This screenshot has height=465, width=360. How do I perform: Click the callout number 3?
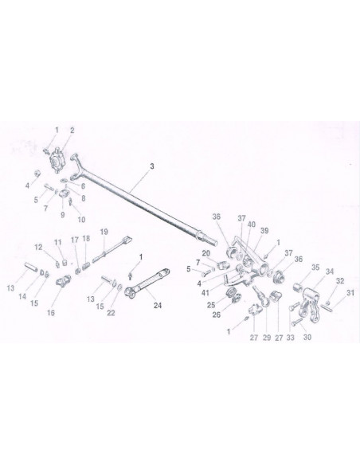point(152,166)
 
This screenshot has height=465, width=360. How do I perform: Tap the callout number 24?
point(158,305)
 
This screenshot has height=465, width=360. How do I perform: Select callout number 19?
point(104,232)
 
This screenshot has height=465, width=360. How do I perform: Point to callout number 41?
point(205,293)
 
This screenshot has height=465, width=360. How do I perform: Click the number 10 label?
point(81,220)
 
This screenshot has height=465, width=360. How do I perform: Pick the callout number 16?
point(51,313)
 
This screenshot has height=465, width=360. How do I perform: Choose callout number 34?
point(330,272)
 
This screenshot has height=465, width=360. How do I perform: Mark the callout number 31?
point(350,293)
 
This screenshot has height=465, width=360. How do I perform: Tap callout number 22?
point(111,313)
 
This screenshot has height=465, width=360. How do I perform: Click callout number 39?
point(264,231)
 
